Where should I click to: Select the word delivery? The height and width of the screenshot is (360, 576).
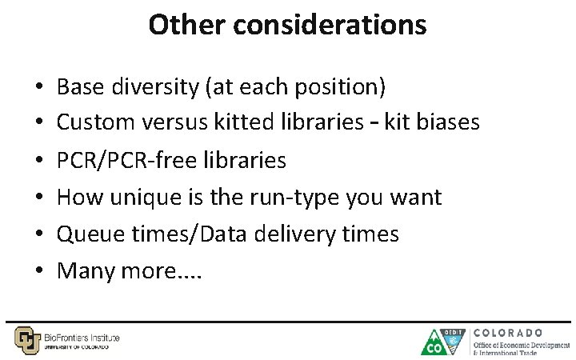click(284, 234)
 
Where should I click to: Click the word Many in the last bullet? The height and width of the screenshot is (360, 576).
click(86, 271)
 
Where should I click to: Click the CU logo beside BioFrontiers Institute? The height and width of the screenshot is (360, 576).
click(26, 339)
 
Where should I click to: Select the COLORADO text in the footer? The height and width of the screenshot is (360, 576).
click(509, 332)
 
